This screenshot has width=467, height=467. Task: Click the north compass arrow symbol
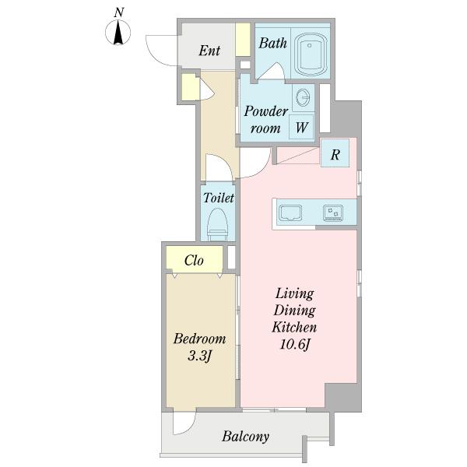(118, 32)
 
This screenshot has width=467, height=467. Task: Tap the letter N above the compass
(119, 12)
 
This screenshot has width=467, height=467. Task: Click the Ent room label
(209, 51)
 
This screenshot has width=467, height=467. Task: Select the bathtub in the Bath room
(310, 55)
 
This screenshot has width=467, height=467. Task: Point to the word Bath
(273, 43)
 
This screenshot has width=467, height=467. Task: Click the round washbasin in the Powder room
(304, 97)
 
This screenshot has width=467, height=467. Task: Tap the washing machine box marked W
(301, 127)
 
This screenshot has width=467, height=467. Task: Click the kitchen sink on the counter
(290, 213)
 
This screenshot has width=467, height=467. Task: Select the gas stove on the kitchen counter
(333, 213)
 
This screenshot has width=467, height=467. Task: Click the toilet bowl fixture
(217, 224)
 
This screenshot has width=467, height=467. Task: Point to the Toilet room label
(219, 198)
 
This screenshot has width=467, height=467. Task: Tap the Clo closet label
(194, 261)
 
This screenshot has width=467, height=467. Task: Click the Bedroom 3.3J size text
(199, 347)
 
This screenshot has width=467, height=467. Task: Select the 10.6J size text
(295, 345)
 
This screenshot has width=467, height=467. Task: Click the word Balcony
(246, 437)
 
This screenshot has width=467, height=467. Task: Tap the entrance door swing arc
(156, 54)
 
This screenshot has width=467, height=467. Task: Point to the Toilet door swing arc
(219, 163)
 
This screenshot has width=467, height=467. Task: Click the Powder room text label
(265, 120)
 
